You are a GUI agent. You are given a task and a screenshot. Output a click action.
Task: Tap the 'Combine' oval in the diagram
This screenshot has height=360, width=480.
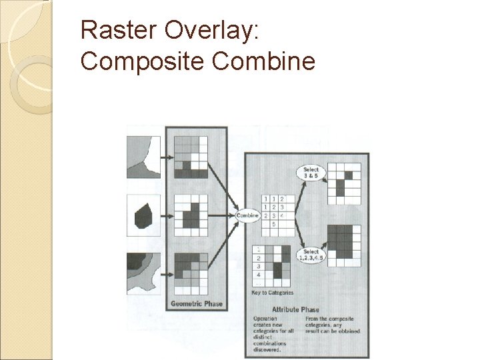pyautogui.click(x=247, y=215)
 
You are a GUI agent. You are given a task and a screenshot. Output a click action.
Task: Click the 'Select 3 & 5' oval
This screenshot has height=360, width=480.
pyautogui.click(x=311, y=172)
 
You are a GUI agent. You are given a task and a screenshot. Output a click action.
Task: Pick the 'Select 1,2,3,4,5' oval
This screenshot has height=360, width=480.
pyautogui.click(x=311, y=254)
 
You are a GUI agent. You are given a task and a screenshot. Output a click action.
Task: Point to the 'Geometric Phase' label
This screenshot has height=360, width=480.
pyautogui.click(x=197, y=304)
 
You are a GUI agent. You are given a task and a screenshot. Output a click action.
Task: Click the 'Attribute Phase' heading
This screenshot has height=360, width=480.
pyautogui.click(x=295, y=309)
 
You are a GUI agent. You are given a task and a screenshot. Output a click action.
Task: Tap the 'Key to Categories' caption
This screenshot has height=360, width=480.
pyautogui.click(x=272, y=293)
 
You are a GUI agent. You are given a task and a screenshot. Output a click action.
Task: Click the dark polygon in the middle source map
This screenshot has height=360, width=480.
pyautogui.click(x=143, y=217)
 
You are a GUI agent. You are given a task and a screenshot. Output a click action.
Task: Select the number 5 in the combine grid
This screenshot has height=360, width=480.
pyautogui.click(x=274, y=225)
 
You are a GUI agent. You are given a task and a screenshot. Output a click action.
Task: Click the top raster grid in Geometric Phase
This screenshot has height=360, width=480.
pyautogui.click(x=191, y=157)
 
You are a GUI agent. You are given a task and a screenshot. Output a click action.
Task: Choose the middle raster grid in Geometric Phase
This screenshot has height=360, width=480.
pyautogui.click(x=191, y=215)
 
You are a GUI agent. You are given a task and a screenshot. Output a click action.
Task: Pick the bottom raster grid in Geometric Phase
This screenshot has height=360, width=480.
pyautogui.click(x=191, y=273)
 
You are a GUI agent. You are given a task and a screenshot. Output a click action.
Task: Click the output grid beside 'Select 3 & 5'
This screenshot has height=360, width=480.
pyautogui.click(x=345, y=180)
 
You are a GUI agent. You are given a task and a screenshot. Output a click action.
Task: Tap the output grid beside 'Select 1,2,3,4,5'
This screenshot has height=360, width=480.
pyautogui.click(x=345, y=244)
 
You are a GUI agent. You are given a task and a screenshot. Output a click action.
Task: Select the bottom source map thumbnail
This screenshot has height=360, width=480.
pyautogui.click(x=143, y=273)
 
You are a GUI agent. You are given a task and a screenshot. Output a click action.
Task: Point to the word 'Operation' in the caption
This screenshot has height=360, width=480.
pyautogui.click(x=265, y=319)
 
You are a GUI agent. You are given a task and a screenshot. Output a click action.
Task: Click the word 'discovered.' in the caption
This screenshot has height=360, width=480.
pyautogui.click(x=267, y=349)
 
